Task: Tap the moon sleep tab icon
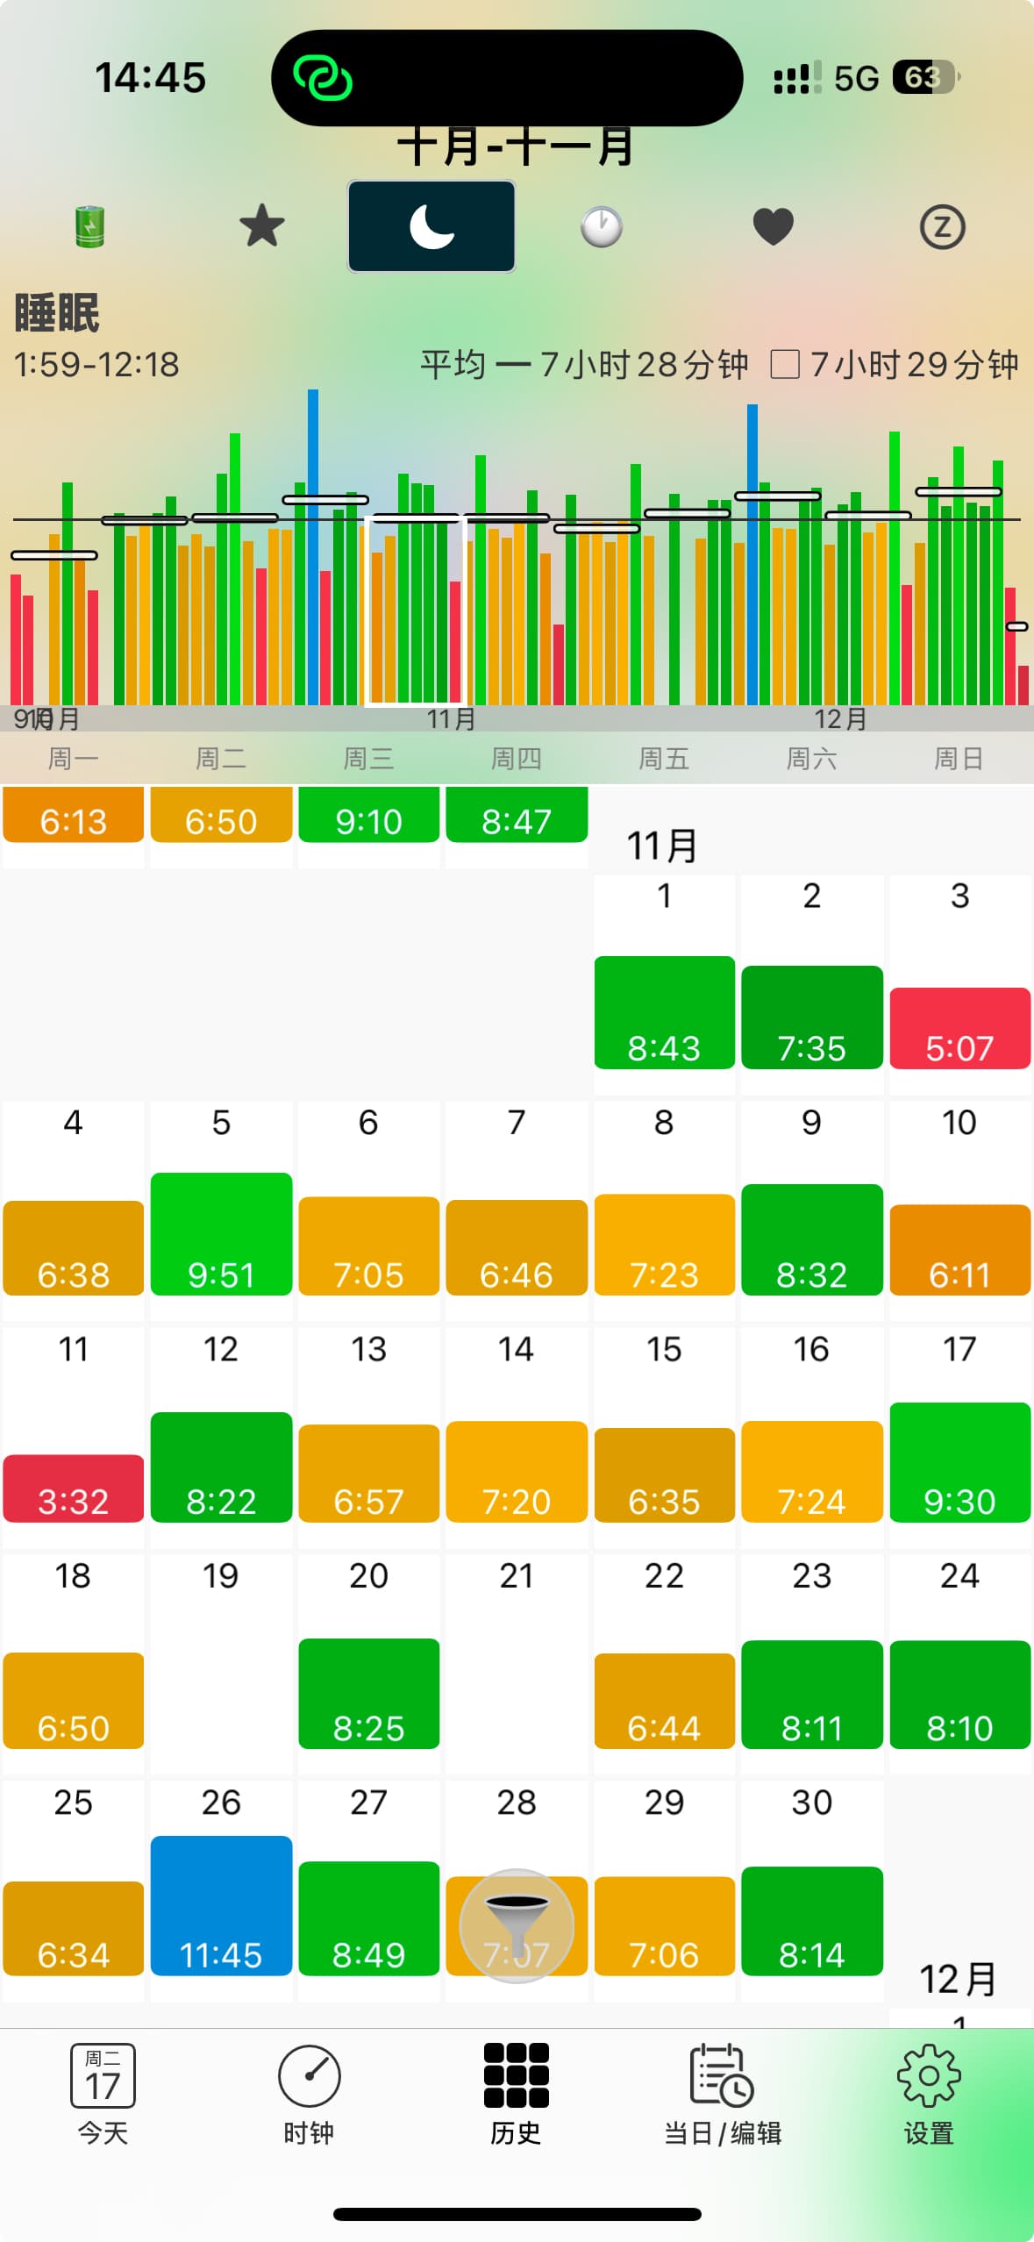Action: point(431,226)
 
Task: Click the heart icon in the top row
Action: point(773,227)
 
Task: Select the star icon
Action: point(261,226)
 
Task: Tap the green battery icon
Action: point(89,226)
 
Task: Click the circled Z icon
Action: point(942,227)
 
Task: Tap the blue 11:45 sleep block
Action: point(221,1905)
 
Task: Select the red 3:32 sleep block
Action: point(74,1488)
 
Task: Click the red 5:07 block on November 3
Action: point(959,1028)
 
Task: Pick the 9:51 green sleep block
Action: point(221,1233)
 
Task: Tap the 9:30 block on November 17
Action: point(959,1461)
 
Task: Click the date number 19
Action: point(221,1576)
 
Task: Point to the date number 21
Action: point(516,1576)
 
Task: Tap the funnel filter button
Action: point(517,1925)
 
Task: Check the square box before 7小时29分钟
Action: point(784,364)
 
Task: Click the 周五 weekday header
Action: point(664,759)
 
